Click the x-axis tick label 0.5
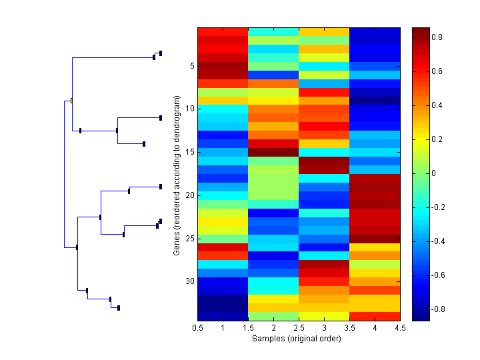(x=197, y=328)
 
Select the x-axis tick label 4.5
(x=399, y=328)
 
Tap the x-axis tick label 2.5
(x=299, y=328)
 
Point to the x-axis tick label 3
(x=323, y=328)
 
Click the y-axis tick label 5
(x=191, y=66)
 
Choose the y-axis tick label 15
(x=189, y=152)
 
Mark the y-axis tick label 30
(x=189, y=281)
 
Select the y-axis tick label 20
(x=189, y=195)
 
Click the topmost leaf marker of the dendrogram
(x=161, y=53)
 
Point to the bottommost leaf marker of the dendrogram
(x=119, y=308)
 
